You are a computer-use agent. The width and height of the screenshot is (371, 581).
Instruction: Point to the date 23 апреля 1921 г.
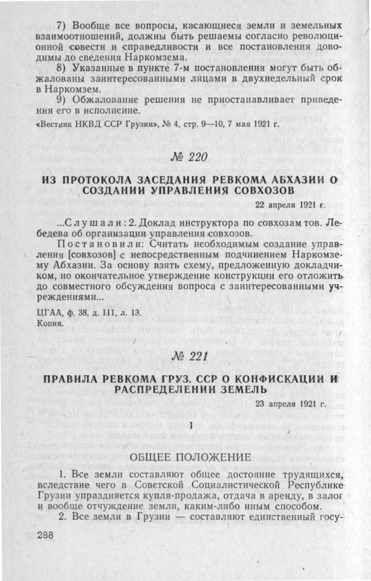pos(290,404)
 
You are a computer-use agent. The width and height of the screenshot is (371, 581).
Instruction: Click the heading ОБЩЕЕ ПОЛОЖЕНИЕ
pos(189,457)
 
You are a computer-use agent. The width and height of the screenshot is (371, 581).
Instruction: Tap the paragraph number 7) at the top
pos(66,26)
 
